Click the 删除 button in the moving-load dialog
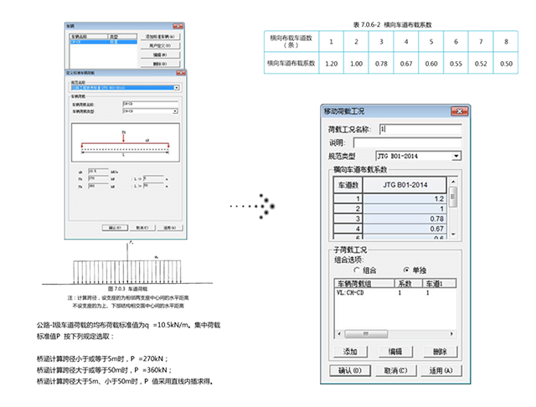(x=433, y=351)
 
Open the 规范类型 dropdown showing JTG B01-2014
(x=416, y=156)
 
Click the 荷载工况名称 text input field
(x=417, y=129)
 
